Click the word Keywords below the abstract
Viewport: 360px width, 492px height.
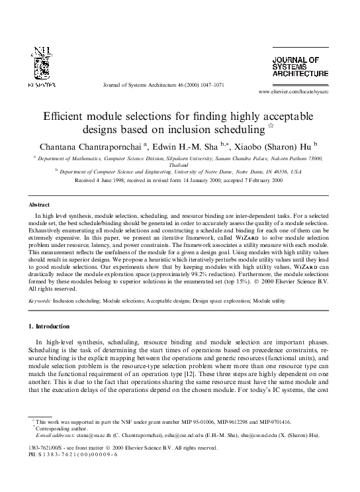click(x=41, y=300)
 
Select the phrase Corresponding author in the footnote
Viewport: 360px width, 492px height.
click(x=57, y=428)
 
